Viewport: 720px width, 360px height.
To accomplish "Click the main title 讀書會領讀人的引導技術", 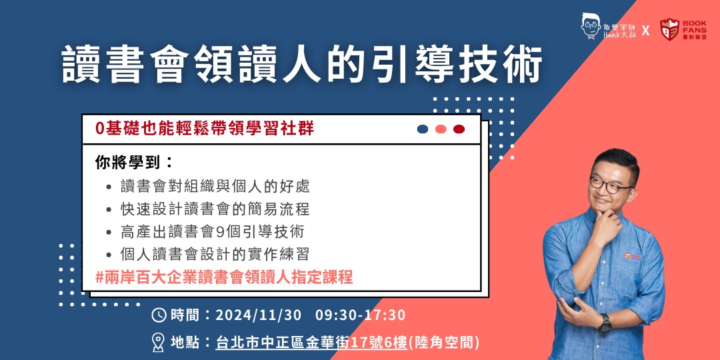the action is point(302,63).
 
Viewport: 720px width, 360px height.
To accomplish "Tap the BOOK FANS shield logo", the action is point(669,29).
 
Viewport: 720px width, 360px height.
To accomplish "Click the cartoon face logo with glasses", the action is point(591,26).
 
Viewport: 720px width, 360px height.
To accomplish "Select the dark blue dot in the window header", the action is point(423,129).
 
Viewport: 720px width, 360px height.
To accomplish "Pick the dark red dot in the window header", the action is point(459,129).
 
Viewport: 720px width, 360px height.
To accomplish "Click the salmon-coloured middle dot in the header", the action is point(441,129).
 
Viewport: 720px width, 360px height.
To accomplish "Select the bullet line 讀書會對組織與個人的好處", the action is point(215,187).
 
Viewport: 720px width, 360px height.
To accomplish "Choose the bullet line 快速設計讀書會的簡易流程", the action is point(215,209).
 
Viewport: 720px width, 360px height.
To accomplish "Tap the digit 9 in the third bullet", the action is point(219,232).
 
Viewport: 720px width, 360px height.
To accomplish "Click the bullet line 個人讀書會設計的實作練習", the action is point(215,254).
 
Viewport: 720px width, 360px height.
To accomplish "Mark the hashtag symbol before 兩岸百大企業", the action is point(99,277).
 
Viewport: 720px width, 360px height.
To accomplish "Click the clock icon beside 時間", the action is point(159,315).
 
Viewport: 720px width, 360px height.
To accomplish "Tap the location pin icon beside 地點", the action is point(159,342).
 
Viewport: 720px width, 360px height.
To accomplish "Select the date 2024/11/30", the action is point(259,315).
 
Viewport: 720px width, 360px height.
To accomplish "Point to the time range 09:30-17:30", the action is point(361,315).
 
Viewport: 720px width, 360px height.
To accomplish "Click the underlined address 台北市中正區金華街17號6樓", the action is point(311,342).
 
